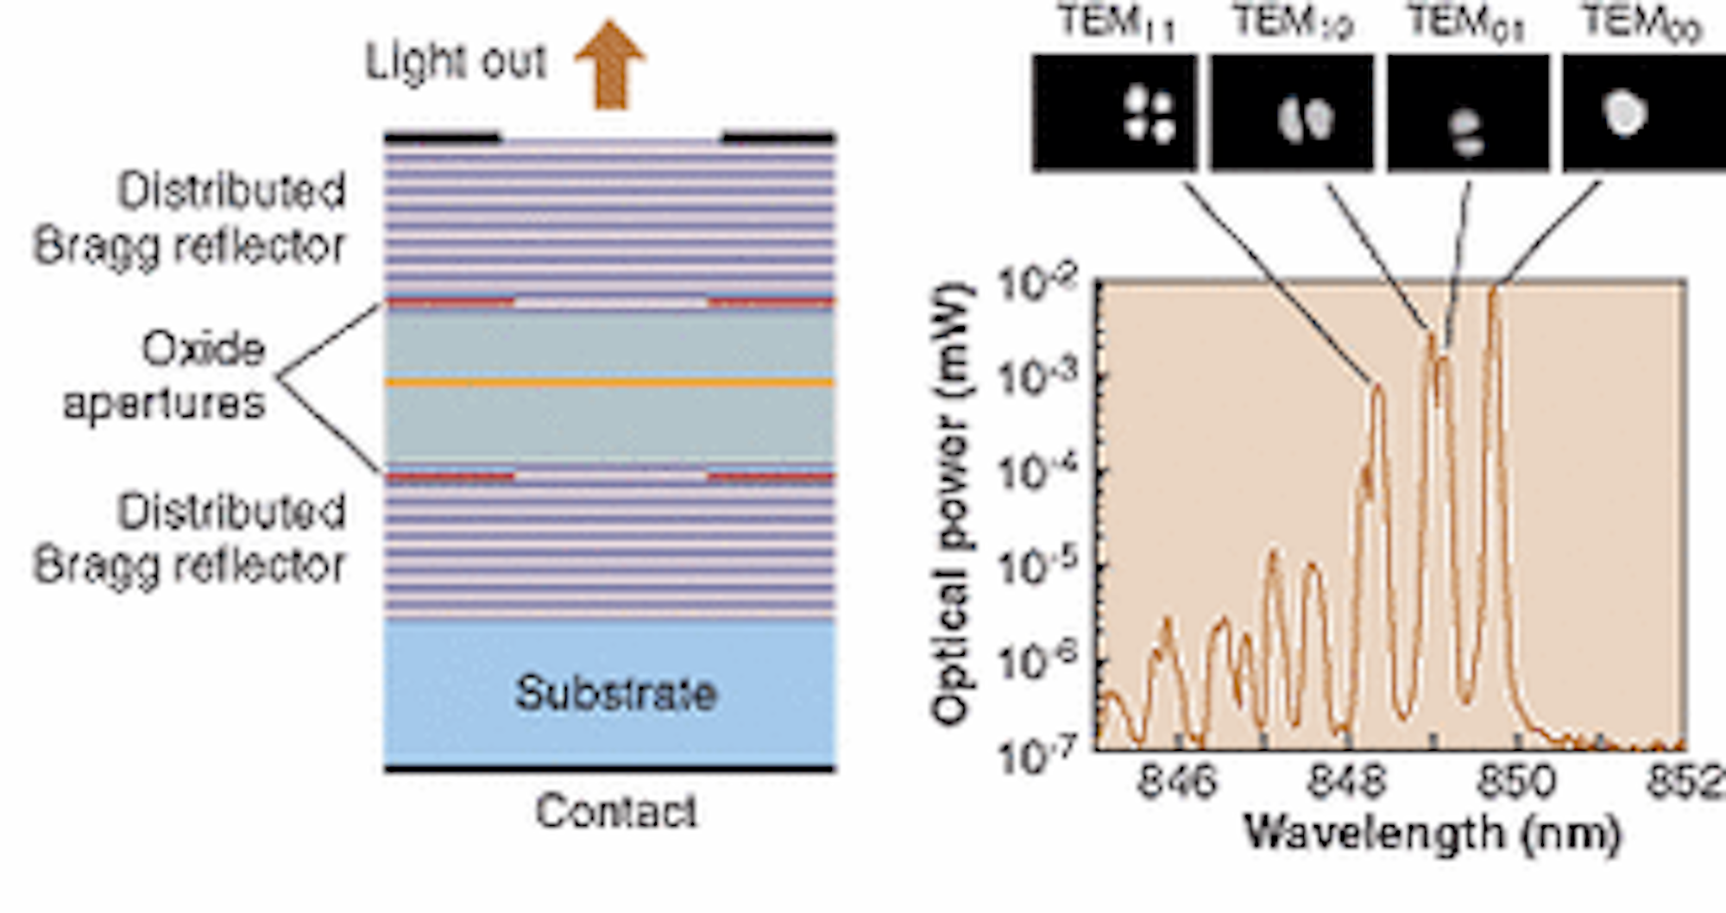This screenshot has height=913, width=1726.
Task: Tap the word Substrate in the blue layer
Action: coord(615,693)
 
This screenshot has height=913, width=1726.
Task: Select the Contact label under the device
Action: coord(615,811)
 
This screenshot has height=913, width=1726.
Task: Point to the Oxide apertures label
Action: coord(164,376)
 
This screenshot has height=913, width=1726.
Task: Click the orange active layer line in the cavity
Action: coord(610,381)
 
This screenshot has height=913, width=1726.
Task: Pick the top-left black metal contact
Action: coord(442,137)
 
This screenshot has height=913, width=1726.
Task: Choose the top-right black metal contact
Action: coord(778,137)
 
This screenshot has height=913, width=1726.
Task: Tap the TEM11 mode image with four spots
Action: coord(1115,113)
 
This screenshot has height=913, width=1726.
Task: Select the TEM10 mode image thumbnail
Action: coord(1291,113)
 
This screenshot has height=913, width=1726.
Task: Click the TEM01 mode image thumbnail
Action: coord(1467,113)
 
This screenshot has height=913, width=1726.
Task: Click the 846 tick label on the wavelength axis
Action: coord(1177,782)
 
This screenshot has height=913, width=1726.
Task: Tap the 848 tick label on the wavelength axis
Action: coord(1347,782)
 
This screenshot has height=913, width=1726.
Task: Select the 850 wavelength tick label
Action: coord(1517,782)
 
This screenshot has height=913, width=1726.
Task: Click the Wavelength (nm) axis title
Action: coord(1433,834)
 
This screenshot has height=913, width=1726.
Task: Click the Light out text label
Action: coord(456,62)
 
